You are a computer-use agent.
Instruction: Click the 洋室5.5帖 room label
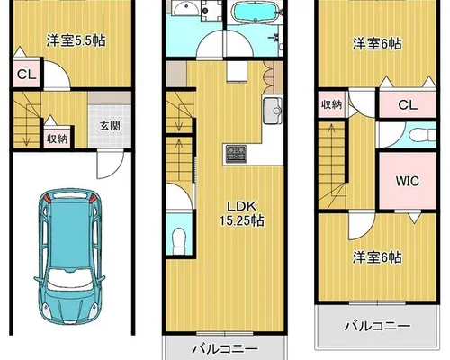point(76,40)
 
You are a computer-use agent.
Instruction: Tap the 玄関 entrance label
point(110,126)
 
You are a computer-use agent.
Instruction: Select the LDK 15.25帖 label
point(242,213)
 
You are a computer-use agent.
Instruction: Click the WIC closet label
point(407,181)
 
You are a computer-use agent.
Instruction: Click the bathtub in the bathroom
point(255,12)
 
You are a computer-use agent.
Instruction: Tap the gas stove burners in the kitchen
point(236,154)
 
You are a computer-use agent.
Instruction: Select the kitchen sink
point(273,111)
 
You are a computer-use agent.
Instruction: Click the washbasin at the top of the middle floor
point(186,8)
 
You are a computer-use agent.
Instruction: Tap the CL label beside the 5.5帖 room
point(27,75)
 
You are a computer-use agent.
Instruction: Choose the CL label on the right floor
point(408,105)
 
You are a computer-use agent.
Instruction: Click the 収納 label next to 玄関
point(57,139)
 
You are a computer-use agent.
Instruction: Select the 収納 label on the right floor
point(331,104)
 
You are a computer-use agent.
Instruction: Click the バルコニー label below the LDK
point(225,349)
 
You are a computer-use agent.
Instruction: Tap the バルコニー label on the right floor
point(377,326)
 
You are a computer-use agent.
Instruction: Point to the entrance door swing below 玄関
point(110,165)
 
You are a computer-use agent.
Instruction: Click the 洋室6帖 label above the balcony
point(377,257)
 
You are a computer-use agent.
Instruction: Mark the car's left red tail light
point(47,198)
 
